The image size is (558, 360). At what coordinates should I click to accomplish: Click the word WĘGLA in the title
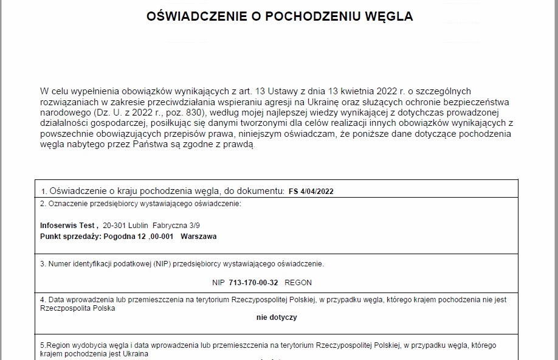pyautogui.click(x=391, y=16)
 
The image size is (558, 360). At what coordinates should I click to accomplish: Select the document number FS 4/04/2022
pyautogui.click(x=311, y=191)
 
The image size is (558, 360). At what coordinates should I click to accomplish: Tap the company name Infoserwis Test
pyautogui.click(x=69, y=225)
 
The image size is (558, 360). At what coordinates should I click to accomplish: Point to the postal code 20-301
pyautogui.click(x=114, y=225)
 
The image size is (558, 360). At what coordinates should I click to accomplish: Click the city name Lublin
pyautogui.click(x=138, y=225)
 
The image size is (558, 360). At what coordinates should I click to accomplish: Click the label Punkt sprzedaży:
pyautogui.click(x=71, y=237)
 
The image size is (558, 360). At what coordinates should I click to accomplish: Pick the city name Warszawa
pyautogui.click(x=199, y=237)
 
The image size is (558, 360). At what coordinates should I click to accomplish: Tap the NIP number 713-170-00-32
pyautogui.click(x=253, y=283)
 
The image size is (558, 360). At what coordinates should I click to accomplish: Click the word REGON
pyautogui.click(x=298, y=283)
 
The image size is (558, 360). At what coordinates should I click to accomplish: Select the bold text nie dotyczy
pyautogui.click(x=277, y=317)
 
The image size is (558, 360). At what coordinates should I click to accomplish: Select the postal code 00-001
pyautogui.click(x=162, y=237)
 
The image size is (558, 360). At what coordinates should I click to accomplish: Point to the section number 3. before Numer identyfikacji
pyautogui.click(x=43, y=265)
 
